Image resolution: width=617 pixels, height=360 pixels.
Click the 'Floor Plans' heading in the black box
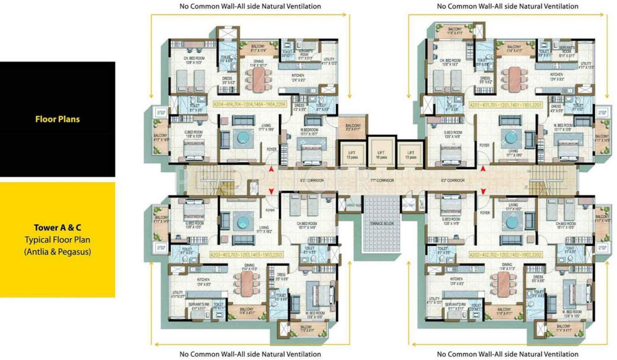[x=57, y=119]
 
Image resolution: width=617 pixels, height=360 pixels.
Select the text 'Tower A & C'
[x=57, y=228]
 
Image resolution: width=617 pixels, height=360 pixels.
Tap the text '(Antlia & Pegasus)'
[x=57, y=251]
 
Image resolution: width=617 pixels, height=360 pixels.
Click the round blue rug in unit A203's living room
[x=243, y=220]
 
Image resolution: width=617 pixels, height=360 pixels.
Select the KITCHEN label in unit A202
[x=443, y=279]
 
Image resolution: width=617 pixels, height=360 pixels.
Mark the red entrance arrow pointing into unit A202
[x=483, y=191]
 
